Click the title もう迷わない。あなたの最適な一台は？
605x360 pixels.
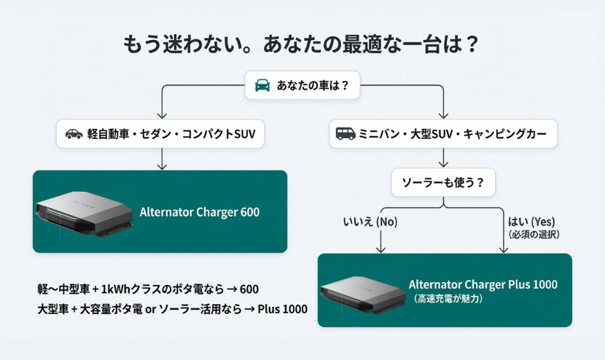tap(302, 44)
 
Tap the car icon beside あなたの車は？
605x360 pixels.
tap(262, 86)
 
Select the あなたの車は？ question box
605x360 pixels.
tap(302, 86)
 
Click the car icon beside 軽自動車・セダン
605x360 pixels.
tap(74, 134)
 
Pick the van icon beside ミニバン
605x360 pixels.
tap(346, 134)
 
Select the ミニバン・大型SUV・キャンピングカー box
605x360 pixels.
tap(443, 134)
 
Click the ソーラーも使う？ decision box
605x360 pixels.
tap(443, 181)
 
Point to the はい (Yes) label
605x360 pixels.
tap(532, 221)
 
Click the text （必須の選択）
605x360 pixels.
tap(534, 234)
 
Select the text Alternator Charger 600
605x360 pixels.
tap(199, 213)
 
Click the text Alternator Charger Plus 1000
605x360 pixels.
tap(483, 284)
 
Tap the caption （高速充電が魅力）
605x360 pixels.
tap(448, 298)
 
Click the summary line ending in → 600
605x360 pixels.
tap(148, 289)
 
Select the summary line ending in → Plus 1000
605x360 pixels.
tap(172, 308)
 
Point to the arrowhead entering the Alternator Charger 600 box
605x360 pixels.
tap(162, 167)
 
